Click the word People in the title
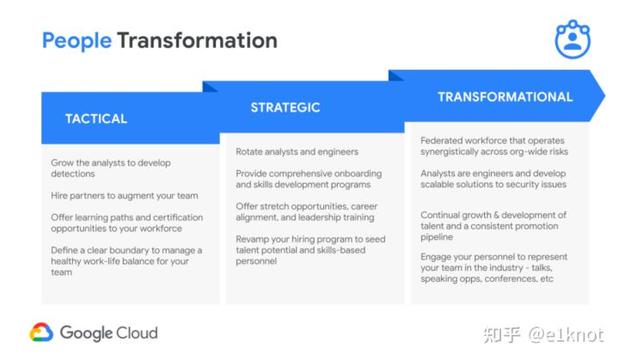coord(77,41)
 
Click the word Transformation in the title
coord(198,40)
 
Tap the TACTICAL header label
coord(96,119)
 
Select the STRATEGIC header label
coord(285,107)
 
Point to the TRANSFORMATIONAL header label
coord(506,97)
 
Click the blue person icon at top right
coord(573,39)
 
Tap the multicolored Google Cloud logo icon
coord(41,333)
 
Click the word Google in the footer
coord(87,333)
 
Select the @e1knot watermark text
coord(566,335)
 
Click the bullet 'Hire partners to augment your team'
coord(125,196)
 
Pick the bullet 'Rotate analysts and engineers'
coord(297,152)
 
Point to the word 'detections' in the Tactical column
coord(72,174)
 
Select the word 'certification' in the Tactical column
coord(178,217)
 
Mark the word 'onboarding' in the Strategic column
coord(358,174)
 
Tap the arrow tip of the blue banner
coord(604,95)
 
